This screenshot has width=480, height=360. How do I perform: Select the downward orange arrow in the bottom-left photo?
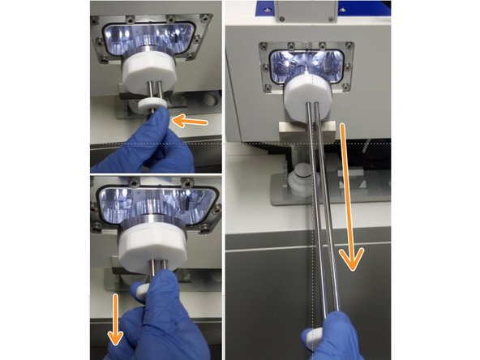(x=117, y=317)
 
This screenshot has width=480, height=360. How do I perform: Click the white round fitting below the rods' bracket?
(x=300, y=174)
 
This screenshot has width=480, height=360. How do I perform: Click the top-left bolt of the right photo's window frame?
(x=264, y=45)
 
